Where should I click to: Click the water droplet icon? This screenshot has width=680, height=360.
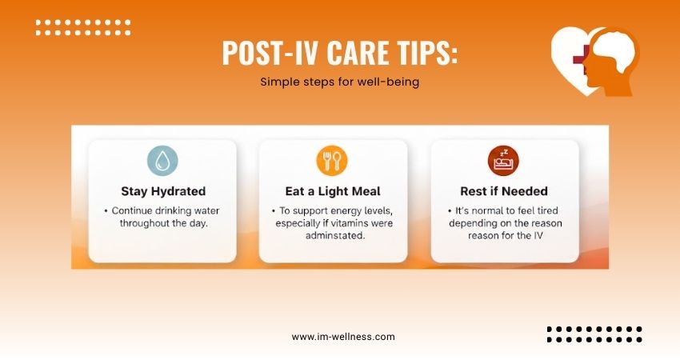click(x=162, y=161)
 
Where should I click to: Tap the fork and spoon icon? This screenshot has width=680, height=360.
click(x=332, y=161)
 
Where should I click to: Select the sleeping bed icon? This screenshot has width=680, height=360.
click(x=504, y=161)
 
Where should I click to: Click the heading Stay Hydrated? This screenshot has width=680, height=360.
click(x=162, y=191)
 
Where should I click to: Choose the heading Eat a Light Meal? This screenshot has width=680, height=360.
click(x=333, y=191)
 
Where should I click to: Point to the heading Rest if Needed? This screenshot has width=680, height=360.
click(x=504, y=191)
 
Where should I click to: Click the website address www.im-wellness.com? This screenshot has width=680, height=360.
click(x=343, y=337)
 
